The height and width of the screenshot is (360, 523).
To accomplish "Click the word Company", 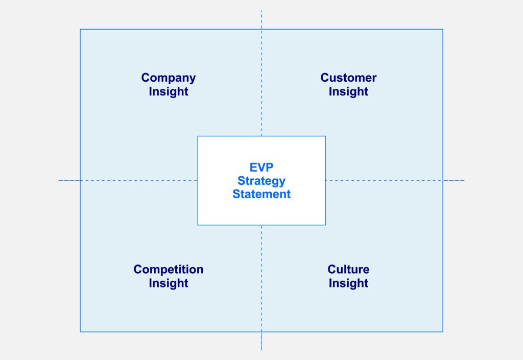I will click(169, 78).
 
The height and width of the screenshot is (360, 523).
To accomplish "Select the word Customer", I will click(348, 78).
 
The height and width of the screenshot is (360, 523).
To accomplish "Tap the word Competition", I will click(169, 270).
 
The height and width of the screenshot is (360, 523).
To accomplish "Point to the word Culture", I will click(348, 270).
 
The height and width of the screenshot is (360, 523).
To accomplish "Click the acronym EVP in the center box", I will click(261, 167).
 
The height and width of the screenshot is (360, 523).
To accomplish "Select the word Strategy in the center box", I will click(261, 181).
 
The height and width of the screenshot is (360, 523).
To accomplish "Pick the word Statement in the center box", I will click(261, 194).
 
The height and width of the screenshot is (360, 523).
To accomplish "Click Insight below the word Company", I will click(169, 92).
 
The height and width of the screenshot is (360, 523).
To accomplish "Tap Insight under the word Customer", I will click(348, 92).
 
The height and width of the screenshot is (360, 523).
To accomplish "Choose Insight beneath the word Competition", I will click(169, 283).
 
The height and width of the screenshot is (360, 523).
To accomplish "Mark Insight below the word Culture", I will click(348, 283).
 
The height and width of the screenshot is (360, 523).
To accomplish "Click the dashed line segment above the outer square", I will click(261, 19).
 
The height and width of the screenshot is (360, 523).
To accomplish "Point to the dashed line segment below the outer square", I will click(261, 341).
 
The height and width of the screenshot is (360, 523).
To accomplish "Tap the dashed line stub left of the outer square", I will click(69, 180).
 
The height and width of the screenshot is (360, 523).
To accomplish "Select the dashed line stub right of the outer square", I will click(454, 180).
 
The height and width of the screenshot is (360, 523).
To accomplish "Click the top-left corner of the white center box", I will click(198, 136).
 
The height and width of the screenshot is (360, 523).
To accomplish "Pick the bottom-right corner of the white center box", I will click(325, 225).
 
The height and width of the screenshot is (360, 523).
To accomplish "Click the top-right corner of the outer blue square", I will click(443, 29).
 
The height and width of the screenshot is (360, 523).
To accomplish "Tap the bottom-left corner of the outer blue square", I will click(80, 332).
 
